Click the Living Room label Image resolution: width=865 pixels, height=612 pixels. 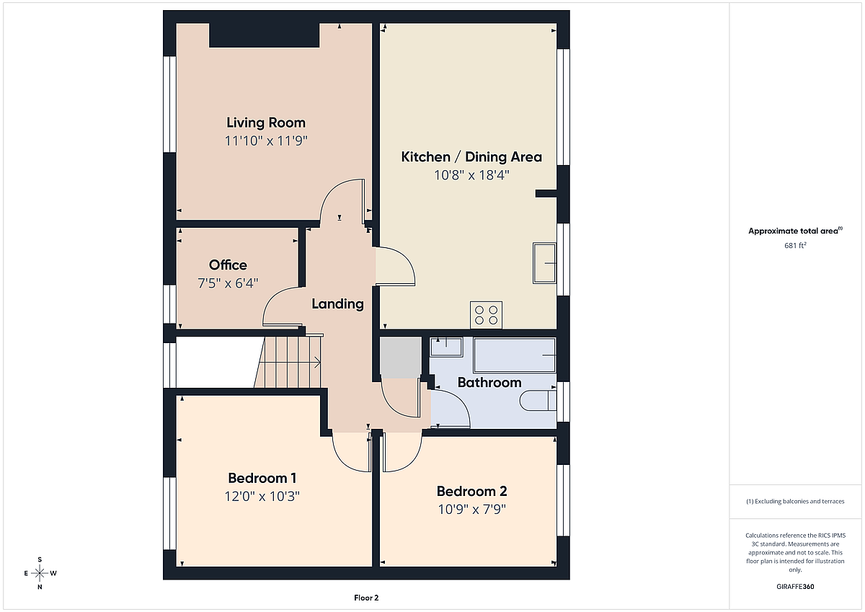[x=266, y=123]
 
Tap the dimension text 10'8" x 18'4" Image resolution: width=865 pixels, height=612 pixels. [x=471, y=175]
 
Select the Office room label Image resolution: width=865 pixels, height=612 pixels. [x=228, y=265]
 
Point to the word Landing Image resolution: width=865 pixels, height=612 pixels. [x=337, y=304]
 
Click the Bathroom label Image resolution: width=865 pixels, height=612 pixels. [x=489, y=383]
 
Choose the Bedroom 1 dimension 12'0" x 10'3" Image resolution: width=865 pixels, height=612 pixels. [x=262, y=496]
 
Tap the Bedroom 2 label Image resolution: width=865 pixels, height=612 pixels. [x=471, y=492]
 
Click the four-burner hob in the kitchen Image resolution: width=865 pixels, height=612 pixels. [x=486, y=315]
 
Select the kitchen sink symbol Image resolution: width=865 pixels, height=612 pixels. [x=544, y=263]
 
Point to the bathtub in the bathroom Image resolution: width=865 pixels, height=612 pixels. [x=515, y=355]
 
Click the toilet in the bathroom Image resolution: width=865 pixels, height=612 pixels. [x=538, y=401]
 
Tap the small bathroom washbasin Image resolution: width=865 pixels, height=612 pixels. [x=446, y=347]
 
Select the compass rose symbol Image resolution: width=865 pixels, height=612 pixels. [x=40, y=573]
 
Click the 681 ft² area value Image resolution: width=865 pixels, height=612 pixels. [x=795, y=246]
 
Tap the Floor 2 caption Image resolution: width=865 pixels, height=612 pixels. [x=366, y=598]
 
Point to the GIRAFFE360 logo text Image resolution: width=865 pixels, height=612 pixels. [x=795, y=587]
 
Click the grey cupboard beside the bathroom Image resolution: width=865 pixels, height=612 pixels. [x=401, y=358]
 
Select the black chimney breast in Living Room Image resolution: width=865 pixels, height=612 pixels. [x=264, y=35]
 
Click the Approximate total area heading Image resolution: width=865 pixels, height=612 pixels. [x=795, y=231]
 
